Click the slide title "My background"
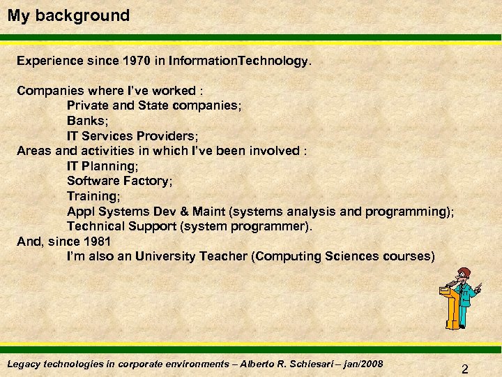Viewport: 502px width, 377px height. tap(68, 15)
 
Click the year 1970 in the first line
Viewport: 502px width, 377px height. tap(137, 61)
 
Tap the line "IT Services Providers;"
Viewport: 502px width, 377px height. tap(132, 135)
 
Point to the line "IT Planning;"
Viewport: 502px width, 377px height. tap(102, 165)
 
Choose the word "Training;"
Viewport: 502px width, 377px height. tap(94, 196)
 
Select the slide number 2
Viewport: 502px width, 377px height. tap(464, 369)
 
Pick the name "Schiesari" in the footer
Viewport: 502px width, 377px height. tap(306, 364)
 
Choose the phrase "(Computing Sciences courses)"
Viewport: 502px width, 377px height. tap(344, 256)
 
